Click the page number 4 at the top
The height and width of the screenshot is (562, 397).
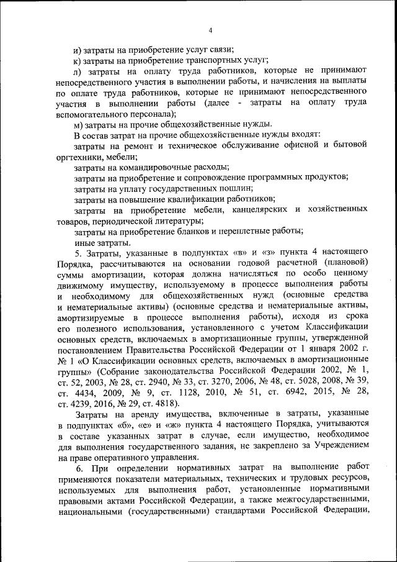pos(210,30)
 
